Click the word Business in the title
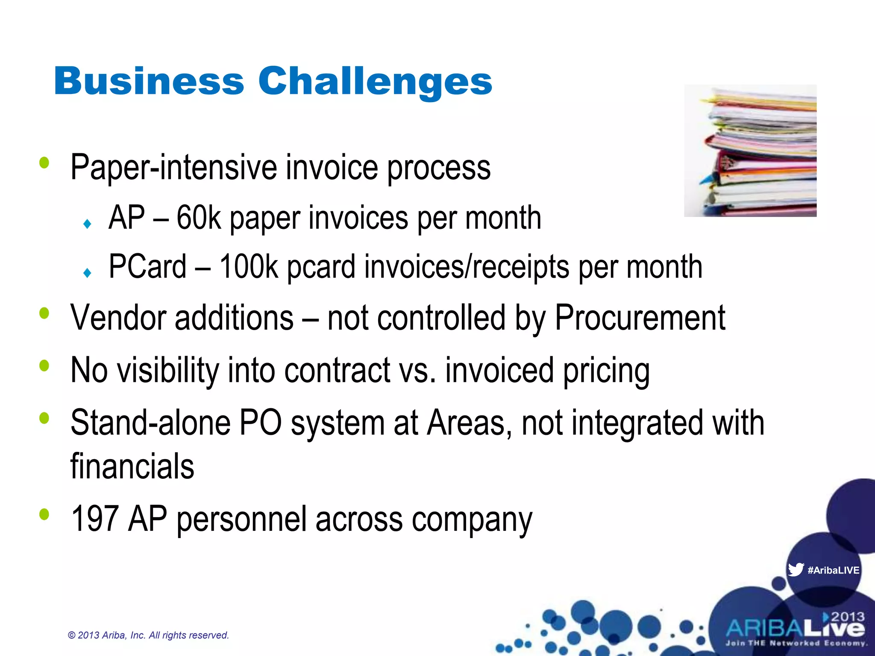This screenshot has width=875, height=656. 149,81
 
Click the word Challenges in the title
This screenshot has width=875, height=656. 375,82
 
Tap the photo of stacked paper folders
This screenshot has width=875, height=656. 750,151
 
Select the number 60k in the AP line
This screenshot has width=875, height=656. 198,218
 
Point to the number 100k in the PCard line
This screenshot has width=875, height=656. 248,267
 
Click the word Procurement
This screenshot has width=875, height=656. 640,318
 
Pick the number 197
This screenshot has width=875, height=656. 94,518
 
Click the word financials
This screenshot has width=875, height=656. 132,466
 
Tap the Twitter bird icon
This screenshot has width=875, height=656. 796,570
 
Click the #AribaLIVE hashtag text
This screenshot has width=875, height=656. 833,570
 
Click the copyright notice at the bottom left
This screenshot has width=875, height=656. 148,635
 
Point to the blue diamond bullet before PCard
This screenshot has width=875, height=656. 88,272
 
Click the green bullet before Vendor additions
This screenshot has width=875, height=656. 44,313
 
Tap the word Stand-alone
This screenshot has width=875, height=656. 150,423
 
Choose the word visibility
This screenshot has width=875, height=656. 168,370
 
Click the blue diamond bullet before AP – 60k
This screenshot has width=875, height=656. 88,223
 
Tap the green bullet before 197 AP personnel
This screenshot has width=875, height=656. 44,514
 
